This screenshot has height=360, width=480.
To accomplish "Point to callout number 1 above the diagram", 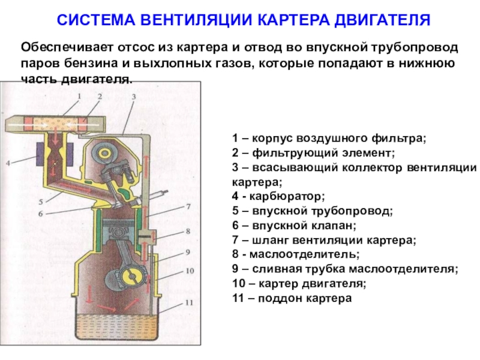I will [79, 95].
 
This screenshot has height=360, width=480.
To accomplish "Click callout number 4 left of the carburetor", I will [8, 163].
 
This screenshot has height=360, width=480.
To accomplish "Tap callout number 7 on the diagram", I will [188, 206].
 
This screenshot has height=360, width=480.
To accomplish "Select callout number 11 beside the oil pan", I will [190, 302].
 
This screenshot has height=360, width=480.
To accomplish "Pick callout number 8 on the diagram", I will [188, 231].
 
